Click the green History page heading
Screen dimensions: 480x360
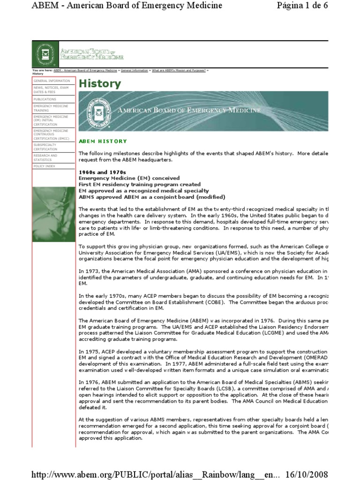(x=100, y=84)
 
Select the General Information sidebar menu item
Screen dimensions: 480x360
(x=52, y=81)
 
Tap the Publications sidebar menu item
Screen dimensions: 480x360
(x=45, y=99)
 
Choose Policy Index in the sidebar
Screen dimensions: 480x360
(x=44, y=166)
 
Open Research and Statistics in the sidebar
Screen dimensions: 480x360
(x=45, y=157)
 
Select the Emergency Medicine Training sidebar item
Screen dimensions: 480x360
(x=51, y=108)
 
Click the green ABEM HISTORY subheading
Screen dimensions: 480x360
(x=103, y=141)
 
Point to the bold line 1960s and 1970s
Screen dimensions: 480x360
(x=102, y=172)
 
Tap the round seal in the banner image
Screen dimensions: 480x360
(x=98, y=111)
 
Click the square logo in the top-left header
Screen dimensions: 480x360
(x=45, y=54)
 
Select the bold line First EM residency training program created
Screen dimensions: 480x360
(x=139, y=184)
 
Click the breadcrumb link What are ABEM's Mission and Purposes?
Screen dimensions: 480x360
(x=178, y=70)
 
